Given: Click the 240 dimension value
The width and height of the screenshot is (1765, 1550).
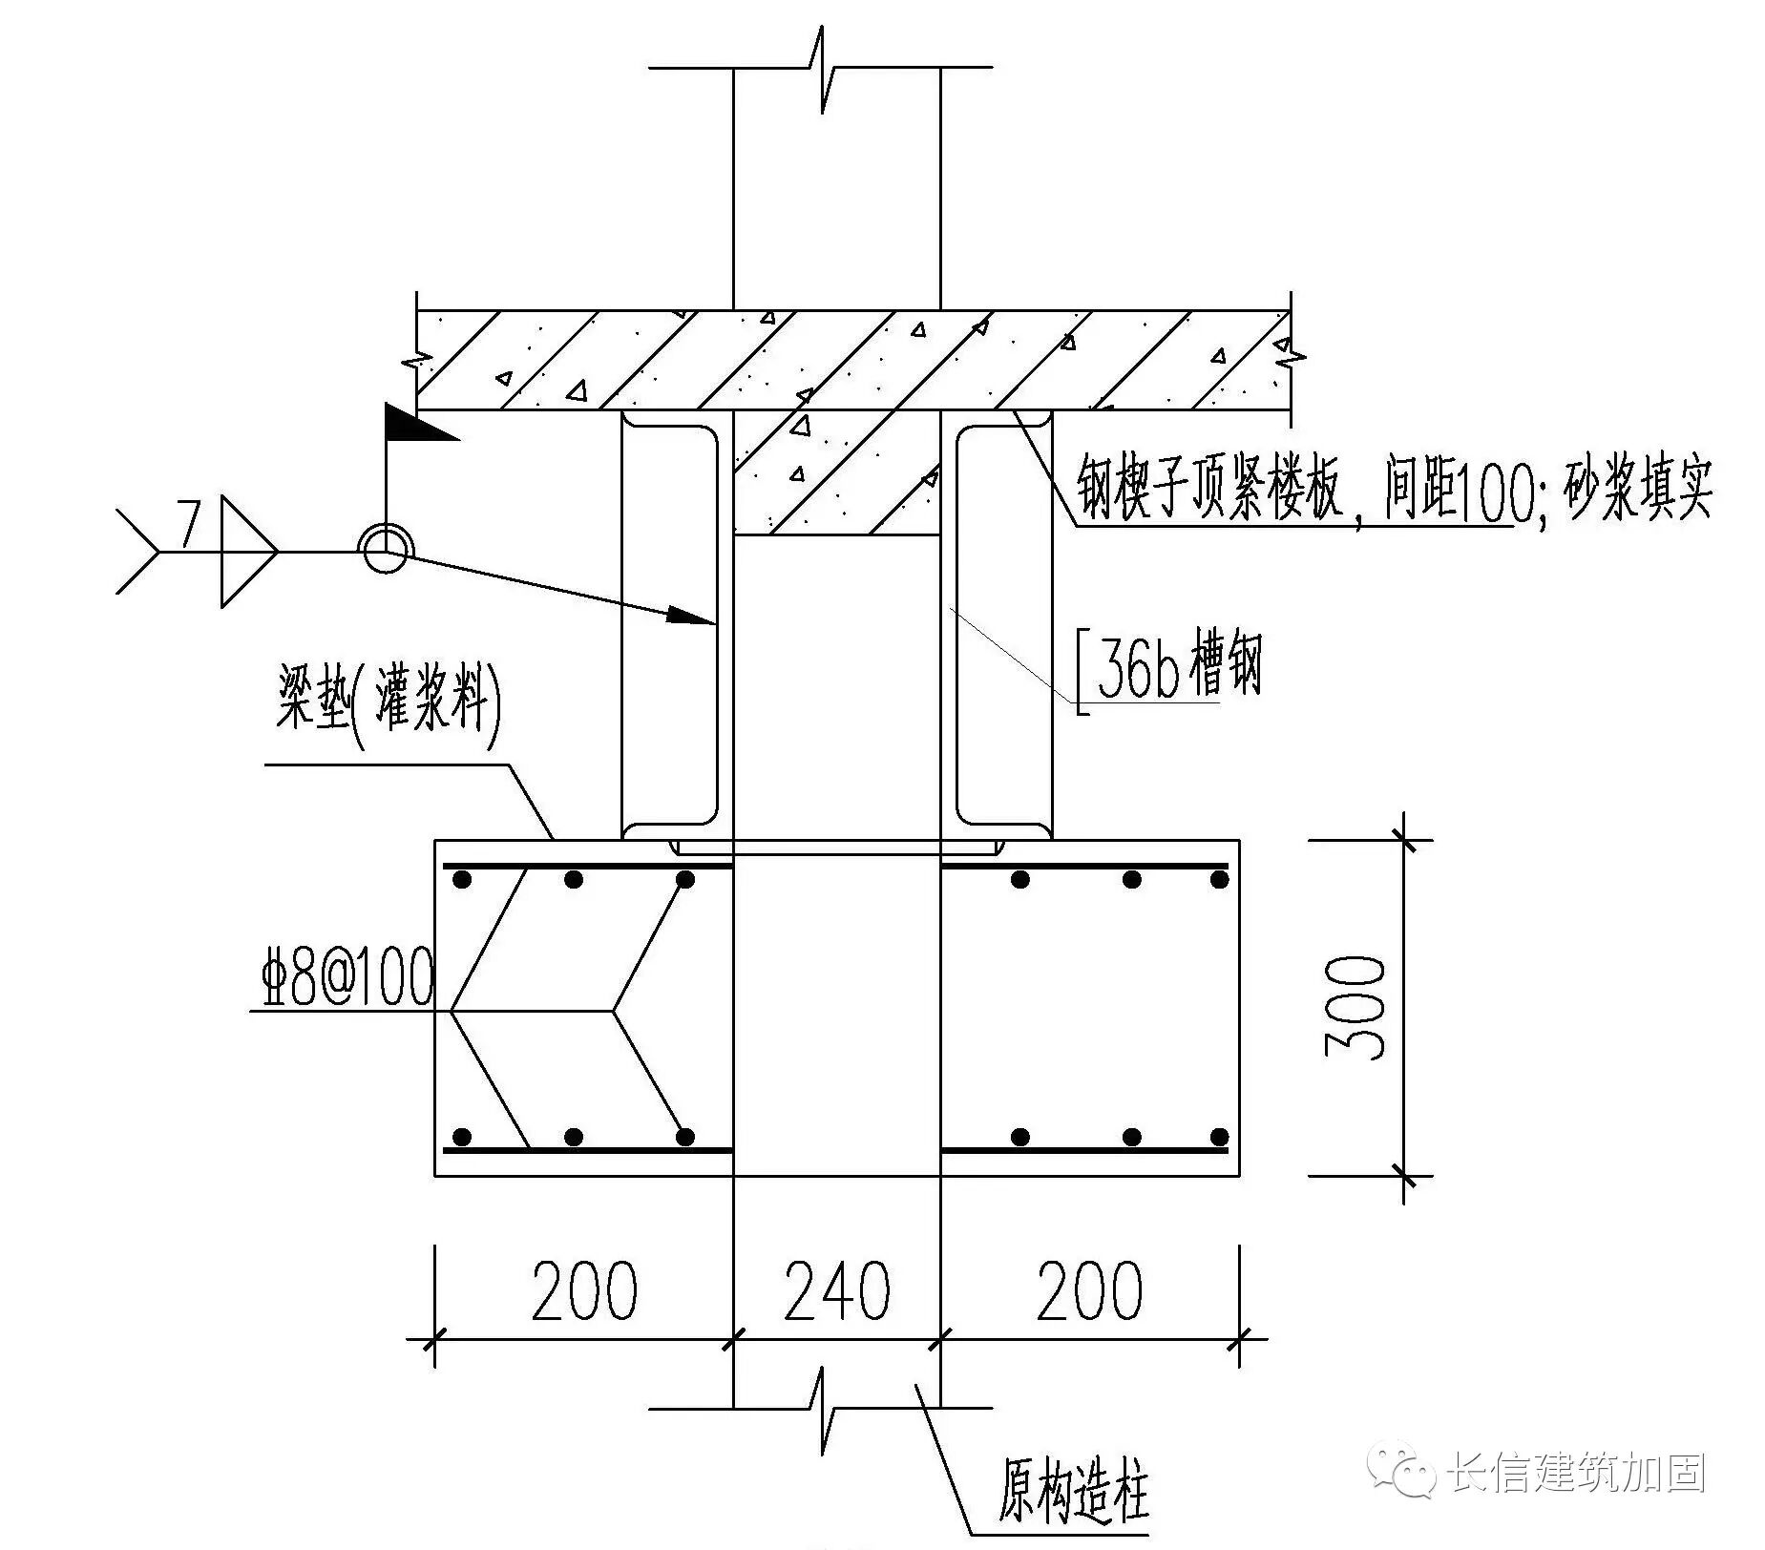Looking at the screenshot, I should point(836,1291).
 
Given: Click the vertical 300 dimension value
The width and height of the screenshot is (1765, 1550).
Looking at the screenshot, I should point(1355,1007).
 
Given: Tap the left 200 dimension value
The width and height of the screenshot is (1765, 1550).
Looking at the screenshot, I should point(583,1291).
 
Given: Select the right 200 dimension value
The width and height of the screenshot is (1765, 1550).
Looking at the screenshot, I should point(1089,1291).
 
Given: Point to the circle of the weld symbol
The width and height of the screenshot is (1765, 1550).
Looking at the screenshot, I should point(385,551).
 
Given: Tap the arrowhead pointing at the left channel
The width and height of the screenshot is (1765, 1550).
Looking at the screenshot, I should point(692,616).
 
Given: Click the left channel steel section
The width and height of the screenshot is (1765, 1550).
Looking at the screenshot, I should point(668,625).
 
